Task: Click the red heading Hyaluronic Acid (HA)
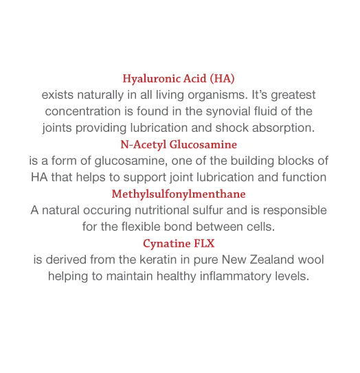click(179, 78)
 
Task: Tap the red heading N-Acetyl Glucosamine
click(179, 144)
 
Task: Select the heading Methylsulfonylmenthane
click(179, 194)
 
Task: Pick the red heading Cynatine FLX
click(179, 244)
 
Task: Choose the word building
click(251, 161)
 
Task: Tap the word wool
click(310, 260)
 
